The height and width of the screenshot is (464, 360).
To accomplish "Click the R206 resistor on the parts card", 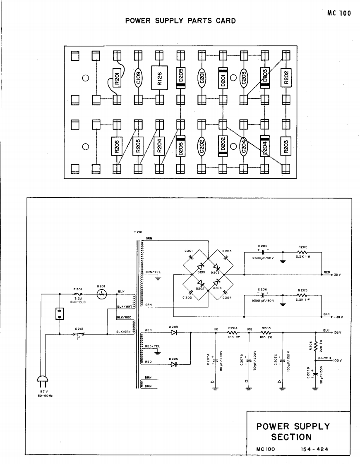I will (x=117, y=146).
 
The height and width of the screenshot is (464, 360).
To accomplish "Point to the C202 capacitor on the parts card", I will (x=202, y=146).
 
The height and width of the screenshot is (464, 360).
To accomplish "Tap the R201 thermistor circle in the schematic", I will (x=102, y=294).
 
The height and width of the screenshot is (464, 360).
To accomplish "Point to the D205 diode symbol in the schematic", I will (x=174, y=332).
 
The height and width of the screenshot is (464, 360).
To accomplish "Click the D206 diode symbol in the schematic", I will (x=174, y=364).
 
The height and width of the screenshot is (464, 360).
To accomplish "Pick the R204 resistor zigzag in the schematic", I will (x=232, y=332).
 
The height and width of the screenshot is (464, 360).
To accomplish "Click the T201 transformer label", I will (x=138, y=232).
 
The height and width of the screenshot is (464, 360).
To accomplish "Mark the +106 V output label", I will (x=337, y=332).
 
